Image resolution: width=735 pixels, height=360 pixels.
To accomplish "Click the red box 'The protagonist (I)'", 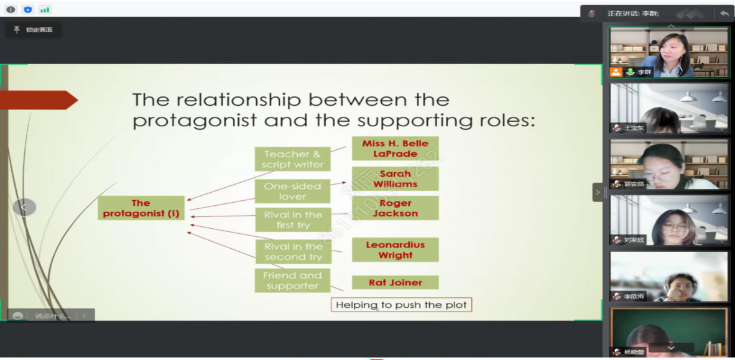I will pyautogui.click(x=141, y=208).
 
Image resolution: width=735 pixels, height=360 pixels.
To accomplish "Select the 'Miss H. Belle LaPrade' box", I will pyautogui.click(x=395, y=148).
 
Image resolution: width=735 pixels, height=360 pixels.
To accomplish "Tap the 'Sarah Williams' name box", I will pyautogui.click(x=395, y=178).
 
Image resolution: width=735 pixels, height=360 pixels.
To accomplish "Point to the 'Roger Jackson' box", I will pyautogui.click(x=395, y=208).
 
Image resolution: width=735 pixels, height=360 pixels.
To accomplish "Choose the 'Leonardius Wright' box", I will pyautogui.click(x=395, y=249).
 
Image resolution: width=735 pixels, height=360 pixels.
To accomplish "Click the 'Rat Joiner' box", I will pyautogui.click(x=395, y=282).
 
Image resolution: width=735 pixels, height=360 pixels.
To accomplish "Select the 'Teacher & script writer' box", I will pyautogui.click(x=292, y=159).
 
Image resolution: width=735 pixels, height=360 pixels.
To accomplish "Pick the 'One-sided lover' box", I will pyautogui.click(x=292, y=191).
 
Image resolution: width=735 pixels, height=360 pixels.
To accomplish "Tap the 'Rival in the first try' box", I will pyautogui.click(x=292, y=219).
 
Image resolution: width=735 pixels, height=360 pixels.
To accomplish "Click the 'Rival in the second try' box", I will pyautogui.click(x=293, y=251).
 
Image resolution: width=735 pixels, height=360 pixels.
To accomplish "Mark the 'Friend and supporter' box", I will pyautogui.click(x=292, y=280).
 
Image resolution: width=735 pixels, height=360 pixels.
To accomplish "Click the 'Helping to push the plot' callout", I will pyautogui.click(x=401, y=305).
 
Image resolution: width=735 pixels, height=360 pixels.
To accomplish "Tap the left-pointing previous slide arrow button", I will pyautogui.click(x=24, y=207).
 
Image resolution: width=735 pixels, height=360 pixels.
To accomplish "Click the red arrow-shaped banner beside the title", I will pyautogui.click(x=37, y=100).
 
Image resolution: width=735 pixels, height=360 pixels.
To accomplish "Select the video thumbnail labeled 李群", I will pyautogui.click(x=669, y=52).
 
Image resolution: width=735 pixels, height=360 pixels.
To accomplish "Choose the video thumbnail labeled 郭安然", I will pyautogui.click(x=669, y=164).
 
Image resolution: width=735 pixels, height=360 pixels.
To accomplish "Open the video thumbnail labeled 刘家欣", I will pyautogui.click(x=669, y=220).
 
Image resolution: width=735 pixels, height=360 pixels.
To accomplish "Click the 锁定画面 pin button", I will pyautogui.click(x=34, y=30).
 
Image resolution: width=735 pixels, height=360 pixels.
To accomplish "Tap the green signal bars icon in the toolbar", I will pyautogui.click(x=44, y=9).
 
